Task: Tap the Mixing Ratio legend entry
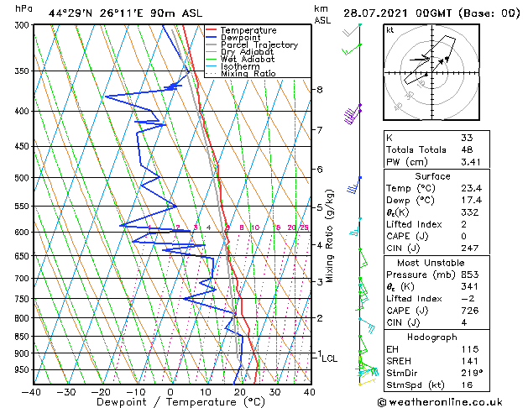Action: click(x=248, y=74)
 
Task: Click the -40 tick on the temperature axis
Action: click(x=32, y=391)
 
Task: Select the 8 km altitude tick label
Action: click(x=320, y=89)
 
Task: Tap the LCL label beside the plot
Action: click(x=330, y=358)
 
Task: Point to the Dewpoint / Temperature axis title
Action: click(x=170, y=402)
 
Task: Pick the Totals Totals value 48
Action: click(x=467, y=149)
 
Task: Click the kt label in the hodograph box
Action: click(x=389, y=30)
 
